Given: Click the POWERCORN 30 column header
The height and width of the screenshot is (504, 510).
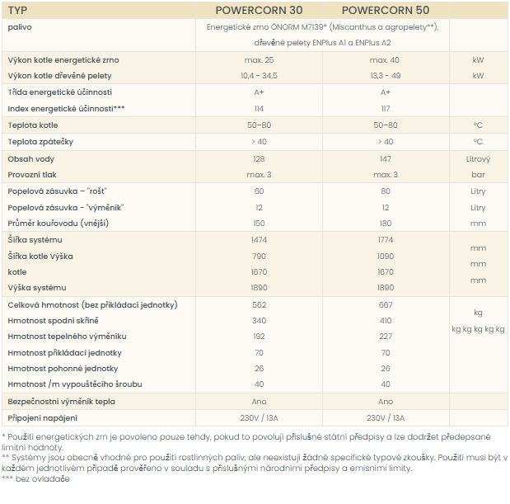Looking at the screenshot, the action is click(x=259, y=11).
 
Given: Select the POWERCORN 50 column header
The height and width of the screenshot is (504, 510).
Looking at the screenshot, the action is click(x=386, y=11).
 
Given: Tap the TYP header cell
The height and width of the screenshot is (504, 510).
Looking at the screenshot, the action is click(x=17, y=11).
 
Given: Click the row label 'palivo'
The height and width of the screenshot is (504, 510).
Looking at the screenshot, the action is click(x=20, y=27).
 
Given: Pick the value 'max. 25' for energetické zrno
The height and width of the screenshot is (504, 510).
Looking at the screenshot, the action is click(x=259, y=60).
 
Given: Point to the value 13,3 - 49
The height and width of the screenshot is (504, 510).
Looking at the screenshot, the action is click(x=386, y=76).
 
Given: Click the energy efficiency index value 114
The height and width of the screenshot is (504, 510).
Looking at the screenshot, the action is click(x=259, y=109).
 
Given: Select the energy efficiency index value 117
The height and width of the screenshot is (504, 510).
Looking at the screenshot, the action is click(x=386, y=109).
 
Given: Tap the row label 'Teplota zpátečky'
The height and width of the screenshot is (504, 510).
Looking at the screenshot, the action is click(x=40, y=142).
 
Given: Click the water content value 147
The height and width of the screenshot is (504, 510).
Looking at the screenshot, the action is click(x=386, y=159).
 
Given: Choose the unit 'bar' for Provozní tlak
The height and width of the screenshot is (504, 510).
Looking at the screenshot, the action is click(x=478, y=175).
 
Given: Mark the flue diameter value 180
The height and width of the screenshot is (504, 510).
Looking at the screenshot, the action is click(x=386, y=224).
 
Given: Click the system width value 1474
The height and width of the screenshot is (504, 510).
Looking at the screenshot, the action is click(x=259, y=240).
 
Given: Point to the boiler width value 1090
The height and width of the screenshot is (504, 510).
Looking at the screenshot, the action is click(x=386, y=257).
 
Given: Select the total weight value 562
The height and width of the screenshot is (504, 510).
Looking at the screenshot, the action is click(x=259, y=305).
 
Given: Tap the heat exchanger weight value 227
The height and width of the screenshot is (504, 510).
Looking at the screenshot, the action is click(x=386, y=337).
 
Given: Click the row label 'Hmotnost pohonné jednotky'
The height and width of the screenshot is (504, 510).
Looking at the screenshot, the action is click(x=63, y=369).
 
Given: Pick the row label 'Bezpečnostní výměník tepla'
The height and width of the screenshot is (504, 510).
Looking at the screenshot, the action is click(x=62, y=402).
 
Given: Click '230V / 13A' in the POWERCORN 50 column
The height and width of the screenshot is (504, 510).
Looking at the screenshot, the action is click(x=386, y=418).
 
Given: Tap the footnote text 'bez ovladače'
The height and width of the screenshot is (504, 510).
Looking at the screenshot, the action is click(x=43, y=479).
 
